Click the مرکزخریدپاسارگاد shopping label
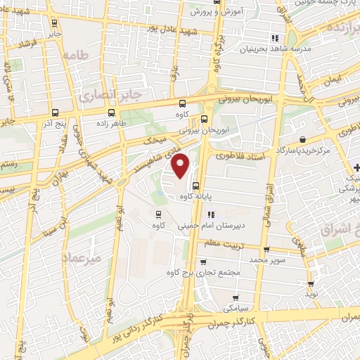pyautogui.click(x=302, y=150)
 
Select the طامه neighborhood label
pyautogui.click(x=77, y=54)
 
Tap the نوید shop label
pyautogui.click(x=311, y=294)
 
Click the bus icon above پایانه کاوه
pyautogui.click(x=195, y=186)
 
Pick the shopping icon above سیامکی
pyautogui.click(x=235, y=297)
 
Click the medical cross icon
pyautogui.click(x=356, y=167)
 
